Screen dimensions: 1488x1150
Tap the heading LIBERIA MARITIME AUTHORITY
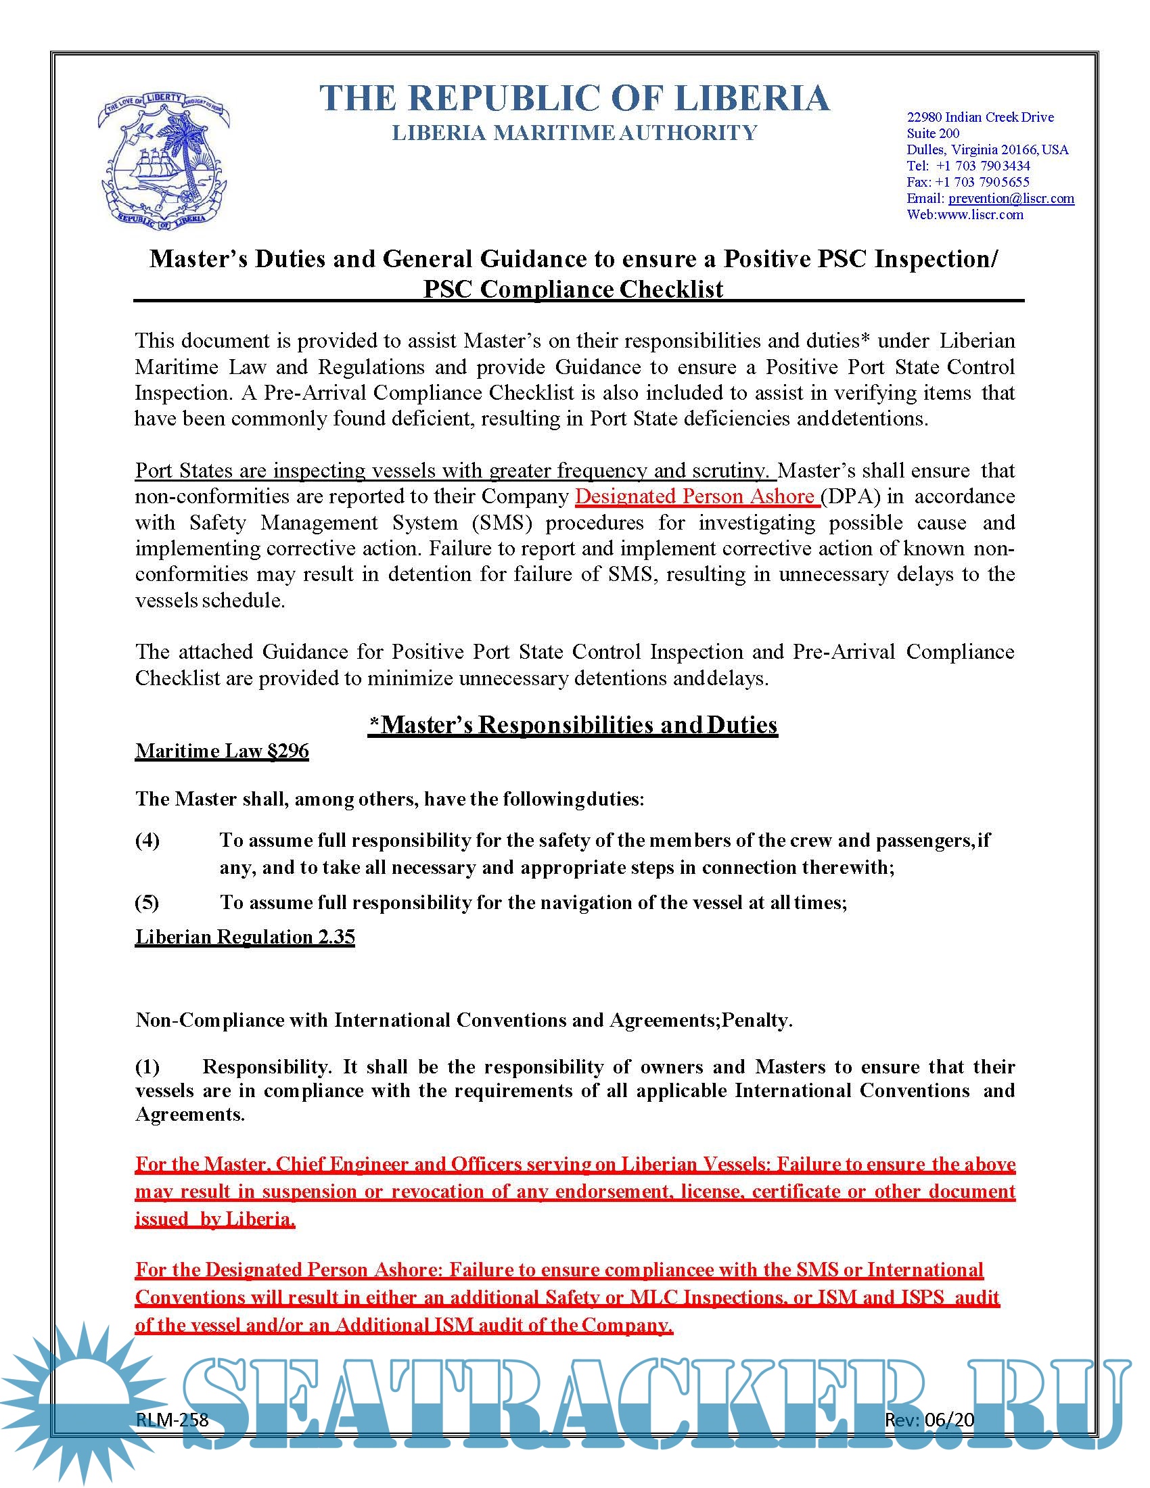[574, 132]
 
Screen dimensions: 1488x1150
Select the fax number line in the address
[967, 182]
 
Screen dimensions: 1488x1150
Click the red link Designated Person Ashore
[696, 496]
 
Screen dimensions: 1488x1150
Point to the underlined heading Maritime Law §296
[221, 751]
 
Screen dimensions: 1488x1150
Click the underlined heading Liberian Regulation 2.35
[245, 937]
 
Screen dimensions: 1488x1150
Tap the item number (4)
[147, 840]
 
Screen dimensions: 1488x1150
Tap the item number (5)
[147, 902]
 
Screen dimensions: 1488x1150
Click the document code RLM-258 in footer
[172, 1420]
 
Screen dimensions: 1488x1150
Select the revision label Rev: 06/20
[929, 1420]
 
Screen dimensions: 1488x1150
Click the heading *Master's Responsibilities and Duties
[573, 724]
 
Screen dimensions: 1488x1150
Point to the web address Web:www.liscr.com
[965, 214]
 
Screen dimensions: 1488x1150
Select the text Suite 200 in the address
[933, 133]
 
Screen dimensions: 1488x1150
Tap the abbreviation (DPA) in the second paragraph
[850, 496]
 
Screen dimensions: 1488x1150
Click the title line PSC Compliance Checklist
[573, 289]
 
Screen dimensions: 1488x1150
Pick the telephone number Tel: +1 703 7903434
[968, 166]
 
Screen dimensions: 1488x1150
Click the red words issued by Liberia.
[214, 1219]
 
